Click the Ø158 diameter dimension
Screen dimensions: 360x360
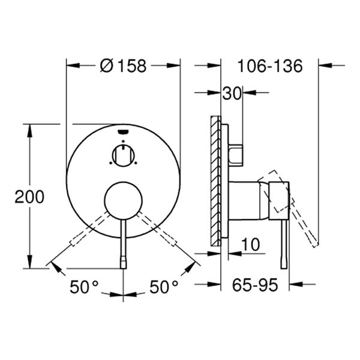(124, 65)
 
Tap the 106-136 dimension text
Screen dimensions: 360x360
(268, 65)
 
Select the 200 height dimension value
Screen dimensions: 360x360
(29, 196)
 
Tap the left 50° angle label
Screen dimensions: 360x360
(83, 287)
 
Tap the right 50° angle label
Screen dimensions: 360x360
(164, 287)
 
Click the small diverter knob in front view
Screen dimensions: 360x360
(123, 155)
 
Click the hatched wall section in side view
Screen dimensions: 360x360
(215, 180)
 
